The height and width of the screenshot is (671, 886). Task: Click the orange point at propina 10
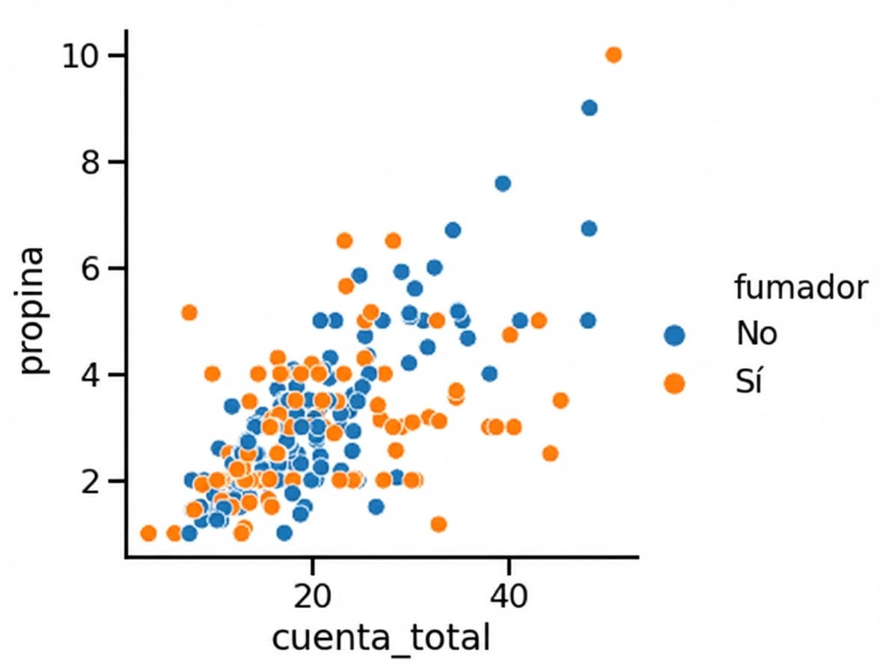point(614,55)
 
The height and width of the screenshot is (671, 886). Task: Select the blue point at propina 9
point(589,108)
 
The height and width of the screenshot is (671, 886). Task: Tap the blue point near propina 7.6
point(503,183)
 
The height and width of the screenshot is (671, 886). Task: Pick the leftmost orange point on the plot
point(148,533)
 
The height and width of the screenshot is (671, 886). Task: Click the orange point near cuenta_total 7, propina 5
point(189,312)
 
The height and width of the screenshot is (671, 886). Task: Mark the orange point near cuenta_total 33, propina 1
point(439,523)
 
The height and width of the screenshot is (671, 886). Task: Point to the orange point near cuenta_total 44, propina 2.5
point(550,453)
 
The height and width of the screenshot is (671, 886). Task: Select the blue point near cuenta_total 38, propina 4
point(489,373)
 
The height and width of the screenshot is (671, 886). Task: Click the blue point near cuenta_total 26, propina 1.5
point(376,506)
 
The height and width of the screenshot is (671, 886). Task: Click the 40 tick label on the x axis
point(509,597)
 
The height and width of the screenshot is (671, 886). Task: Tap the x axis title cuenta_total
point(381,639)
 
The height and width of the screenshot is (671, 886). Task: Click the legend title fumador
point(801,288)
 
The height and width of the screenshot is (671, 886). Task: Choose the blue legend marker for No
point(674,335)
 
